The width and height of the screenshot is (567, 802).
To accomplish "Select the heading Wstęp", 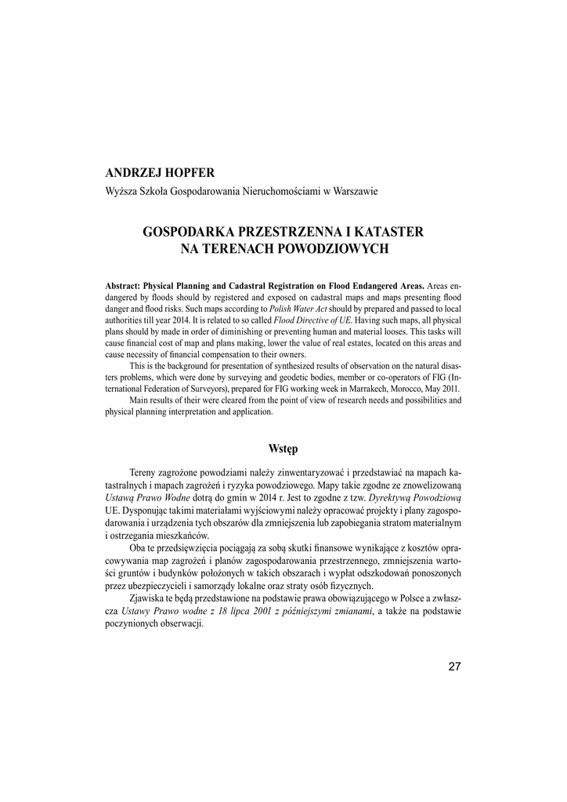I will coord(283,449).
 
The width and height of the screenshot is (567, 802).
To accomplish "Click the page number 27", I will coord(455,667).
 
